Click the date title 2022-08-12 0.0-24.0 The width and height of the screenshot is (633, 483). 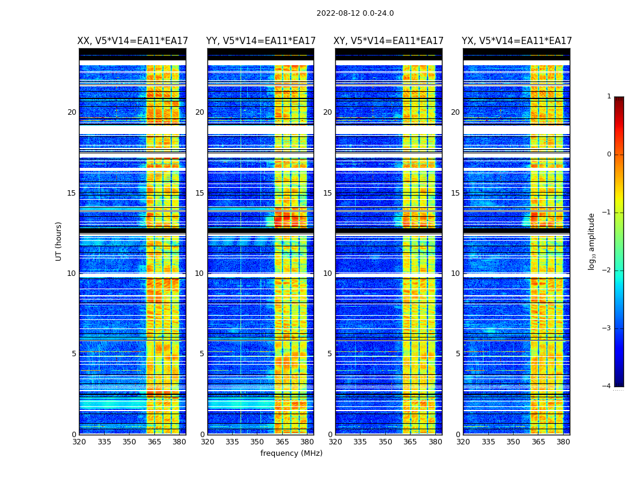click(355, 13)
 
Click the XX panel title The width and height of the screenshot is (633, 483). click(133, 41)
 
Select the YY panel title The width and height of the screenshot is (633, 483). click(260, 41)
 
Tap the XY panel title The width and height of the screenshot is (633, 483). click(389, 41)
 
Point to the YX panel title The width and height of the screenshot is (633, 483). click(517, 41)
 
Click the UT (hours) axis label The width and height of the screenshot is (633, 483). click(59, 241)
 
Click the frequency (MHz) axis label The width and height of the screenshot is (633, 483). click(291, 453)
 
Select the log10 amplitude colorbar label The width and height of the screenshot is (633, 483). click(592, 241)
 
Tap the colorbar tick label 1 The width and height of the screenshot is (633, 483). click(608, 97)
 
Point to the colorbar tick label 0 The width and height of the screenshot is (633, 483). click(608, 155)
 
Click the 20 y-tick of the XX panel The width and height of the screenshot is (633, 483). click(72, 112)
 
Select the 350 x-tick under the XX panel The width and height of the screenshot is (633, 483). click(129, 442)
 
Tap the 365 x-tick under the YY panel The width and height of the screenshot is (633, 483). click(282, 442)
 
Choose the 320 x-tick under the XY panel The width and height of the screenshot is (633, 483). click(335, 442)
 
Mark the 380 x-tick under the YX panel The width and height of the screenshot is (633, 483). click(563, 442)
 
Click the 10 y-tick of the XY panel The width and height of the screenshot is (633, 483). click(327, 273)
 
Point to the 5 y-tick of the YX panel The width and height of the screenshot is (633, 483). click(458, 354)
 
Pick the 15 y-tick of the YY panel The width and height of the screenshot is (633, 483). click(200, 193)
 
